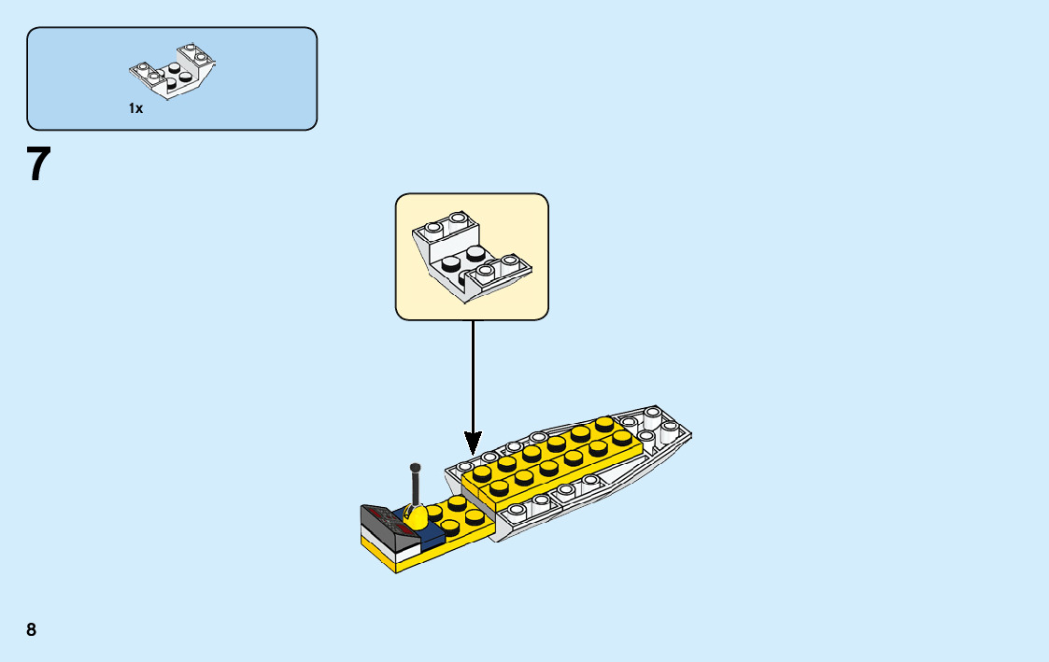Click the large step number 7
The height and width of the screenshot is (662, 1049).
(38, 165)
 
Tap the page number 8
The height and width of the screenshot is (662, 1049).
(32, 630)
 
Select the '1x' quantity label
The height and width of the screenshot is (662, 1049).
(136, 108)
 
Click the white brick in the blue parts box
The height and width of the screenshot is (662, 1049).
(173, 73)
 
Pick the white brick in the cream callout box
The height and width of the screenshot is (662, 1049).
(471, 258)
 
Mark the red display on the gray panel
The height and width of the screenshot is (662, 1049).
(383, 513)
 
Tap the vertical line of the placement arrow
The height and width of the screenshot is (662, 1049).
(473, 373)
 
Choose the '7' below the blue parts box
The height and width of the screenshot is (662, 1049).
(38, 165)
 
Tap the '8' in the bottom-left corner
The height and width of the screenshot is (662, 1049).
(32, 630)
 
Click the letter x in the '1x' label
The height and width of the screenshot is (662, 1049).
(139, 109)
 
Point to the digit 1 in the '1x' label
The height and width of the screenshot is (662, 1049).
(132, 108)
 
